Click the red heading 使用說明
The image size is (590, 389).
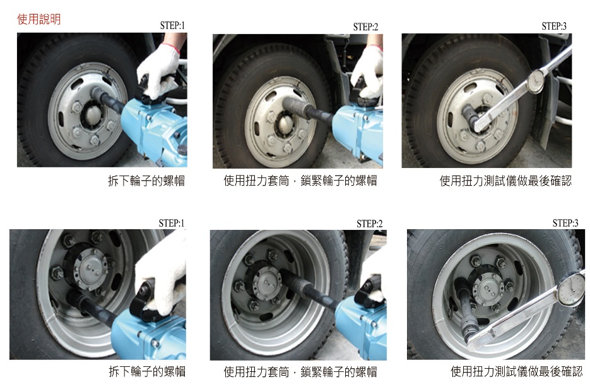tap(38, 19)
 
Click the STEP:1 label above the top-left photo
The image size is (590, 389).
tap(172, 26)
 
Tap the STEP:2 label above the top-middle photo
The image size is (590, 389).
tap(365, 27)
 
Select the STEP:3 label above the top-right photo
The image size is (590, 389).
tap(554, 26)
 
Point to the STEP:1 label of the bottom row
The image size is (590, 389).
tap(171, 223)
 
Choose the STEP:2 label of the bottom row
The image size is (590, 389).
tap(370, 224)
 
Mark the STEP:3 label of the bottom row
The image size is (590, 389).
tap(565, 223)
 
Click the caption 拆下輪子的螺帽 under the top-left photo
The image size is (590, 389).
tap(146, 181)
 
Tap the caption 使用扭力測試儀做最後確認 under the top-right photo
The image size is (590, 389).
tap(505, 181)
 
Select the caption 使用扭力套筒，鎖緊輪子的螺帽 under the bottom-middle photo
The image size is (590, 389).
tap(300, 372)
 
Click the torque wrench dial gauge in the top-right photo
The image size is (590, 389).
tap(536, 81)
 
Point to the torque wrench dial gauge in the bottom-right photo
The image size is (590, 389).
tap(571, 289)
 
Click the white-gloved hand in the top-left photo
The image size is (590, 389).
tap(160, 71)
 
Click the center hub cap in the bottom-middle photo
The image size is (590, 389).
tap(267, 283)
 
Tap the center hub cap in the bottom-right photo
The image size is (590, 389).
tap(488, 290)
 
